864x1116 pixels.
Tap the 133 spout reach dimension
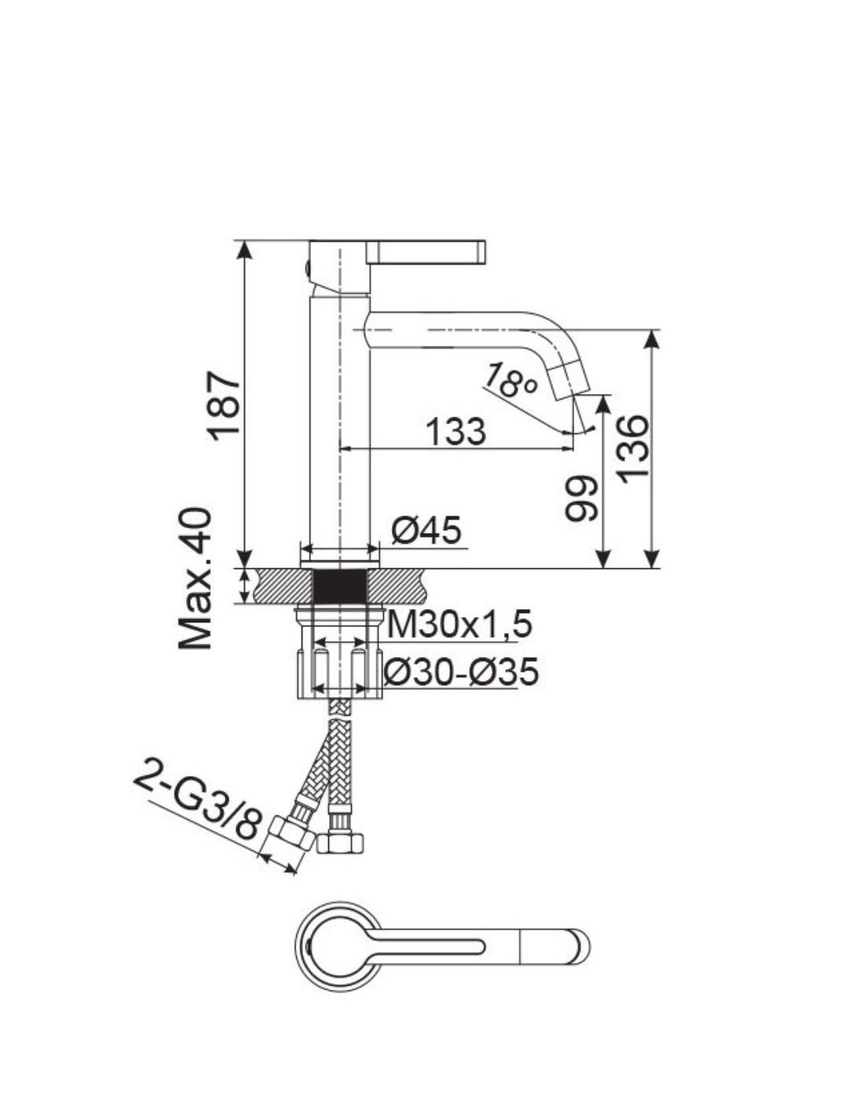pyautogui.click(x=456, y=432)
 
